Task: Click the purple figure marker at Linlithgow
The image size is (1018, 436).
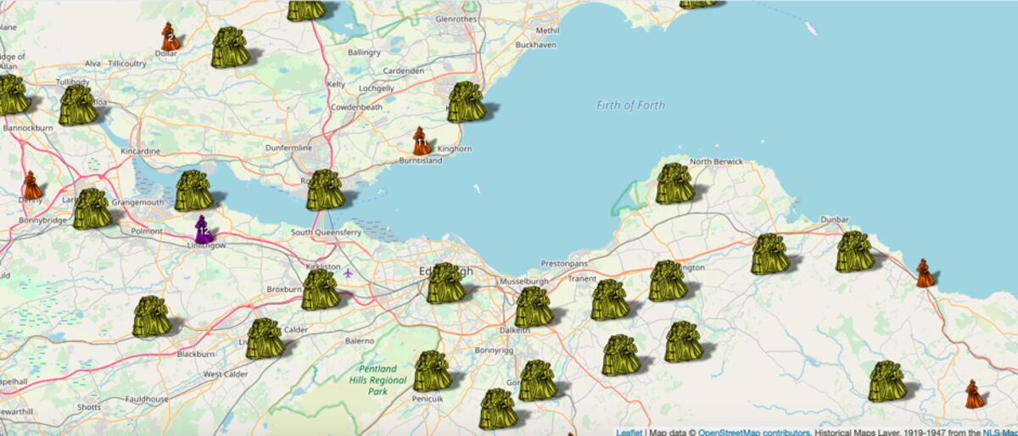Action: (203, 229)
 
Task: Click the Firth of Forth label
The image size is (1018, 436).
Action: (630, 105)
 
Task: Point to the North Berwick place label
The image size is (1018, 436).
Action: (716, 161)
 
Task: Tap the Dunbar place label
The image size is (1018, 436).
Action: (834, 220)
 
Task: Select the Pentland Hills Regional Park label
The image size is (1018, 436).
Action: (378, 381)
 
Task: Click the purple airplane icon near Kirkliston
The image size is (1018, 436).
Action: (348, 272)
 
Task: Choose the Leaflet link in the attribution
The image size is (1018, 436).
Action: (629, 432)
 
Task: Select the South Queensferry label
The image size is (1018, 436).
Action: (326, 232)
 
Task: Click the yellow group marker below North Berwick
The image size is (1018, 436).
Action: (675, 184)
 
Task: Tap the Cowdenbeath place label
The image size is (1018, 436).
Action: (357, 108)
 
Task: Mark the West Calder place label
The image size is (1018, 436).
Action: (225, 374)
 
